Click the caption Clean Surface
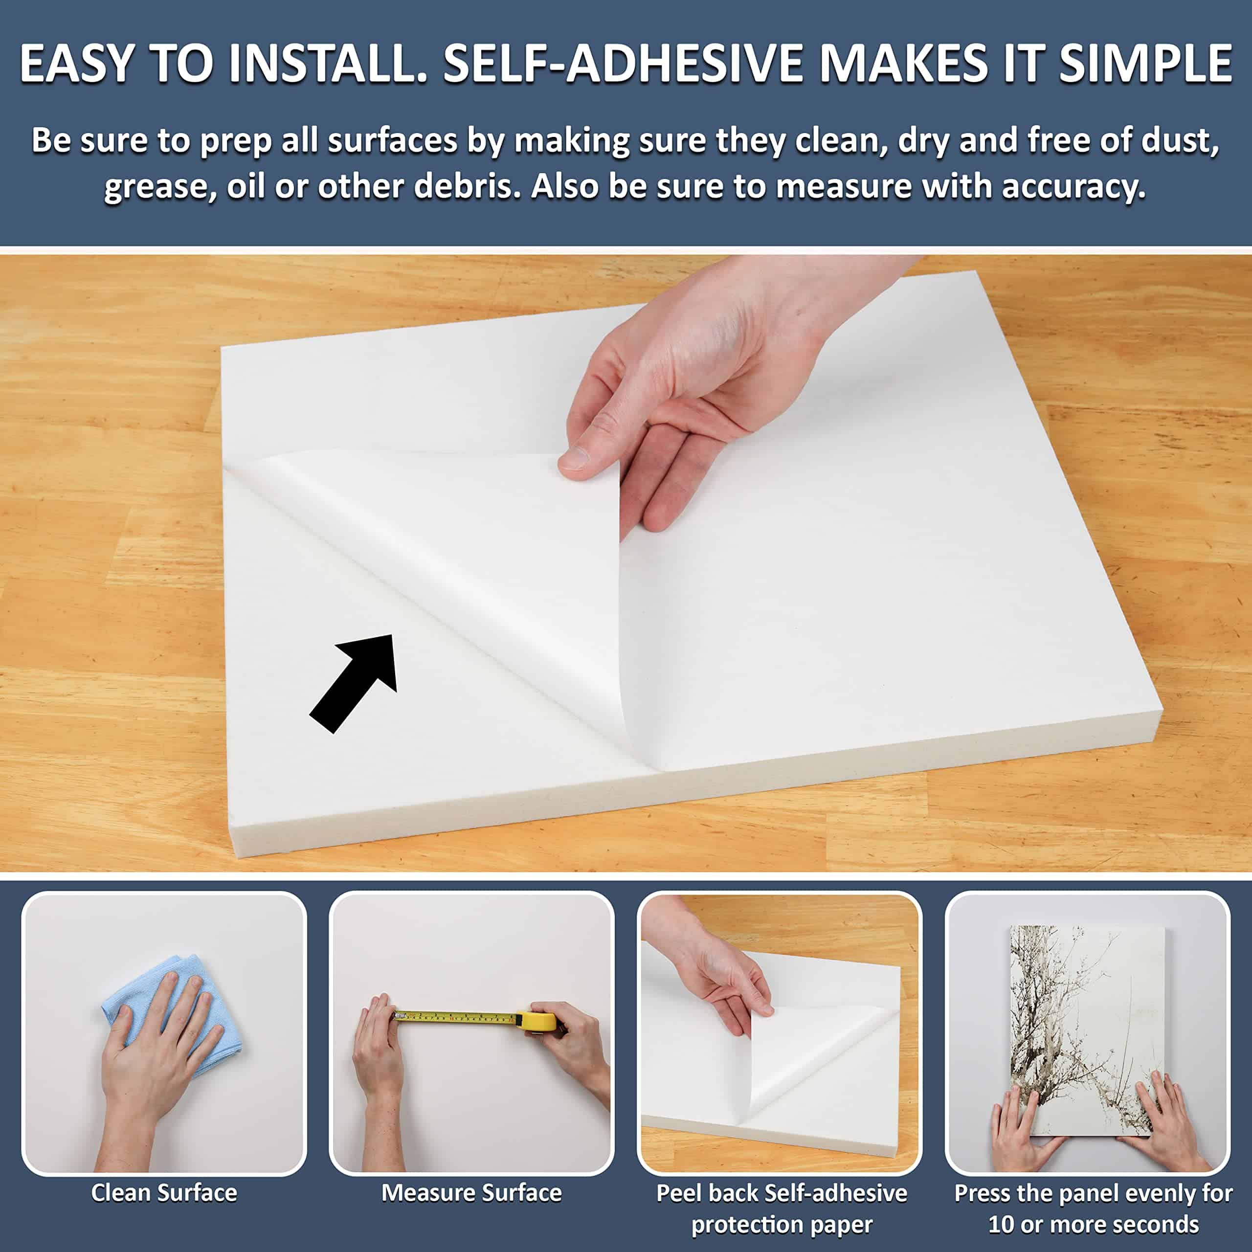pyautogui.click(x=164, y=1193)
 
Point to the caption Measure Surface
pyautogui.click(x=471, y=1193)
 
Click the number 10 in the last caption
pyautogui.click(x=1001, y=1225)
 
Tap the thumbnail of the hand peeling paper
pyautogui.click(x=779, y=1033)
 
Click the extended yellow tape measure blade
pyautogui.click(x=457, y=1017)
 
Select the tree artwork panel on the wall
pyautogui.click(x=1087, y=1030)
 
